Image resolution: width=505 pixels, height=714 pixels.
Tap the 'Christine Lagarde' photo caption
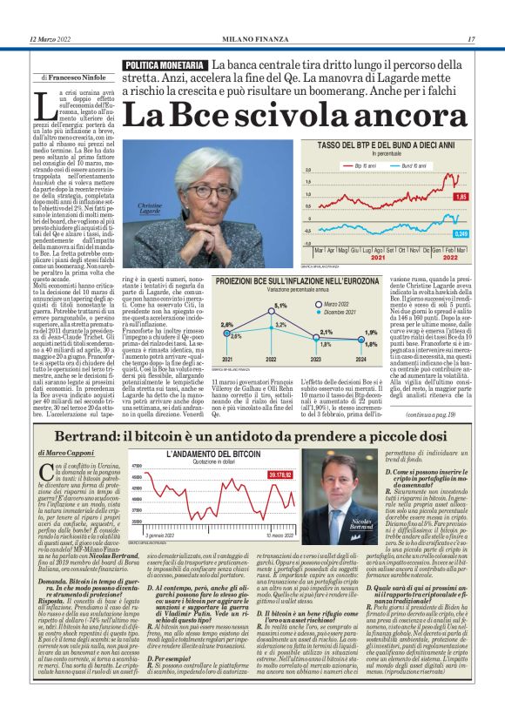(x=150, y=235)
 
